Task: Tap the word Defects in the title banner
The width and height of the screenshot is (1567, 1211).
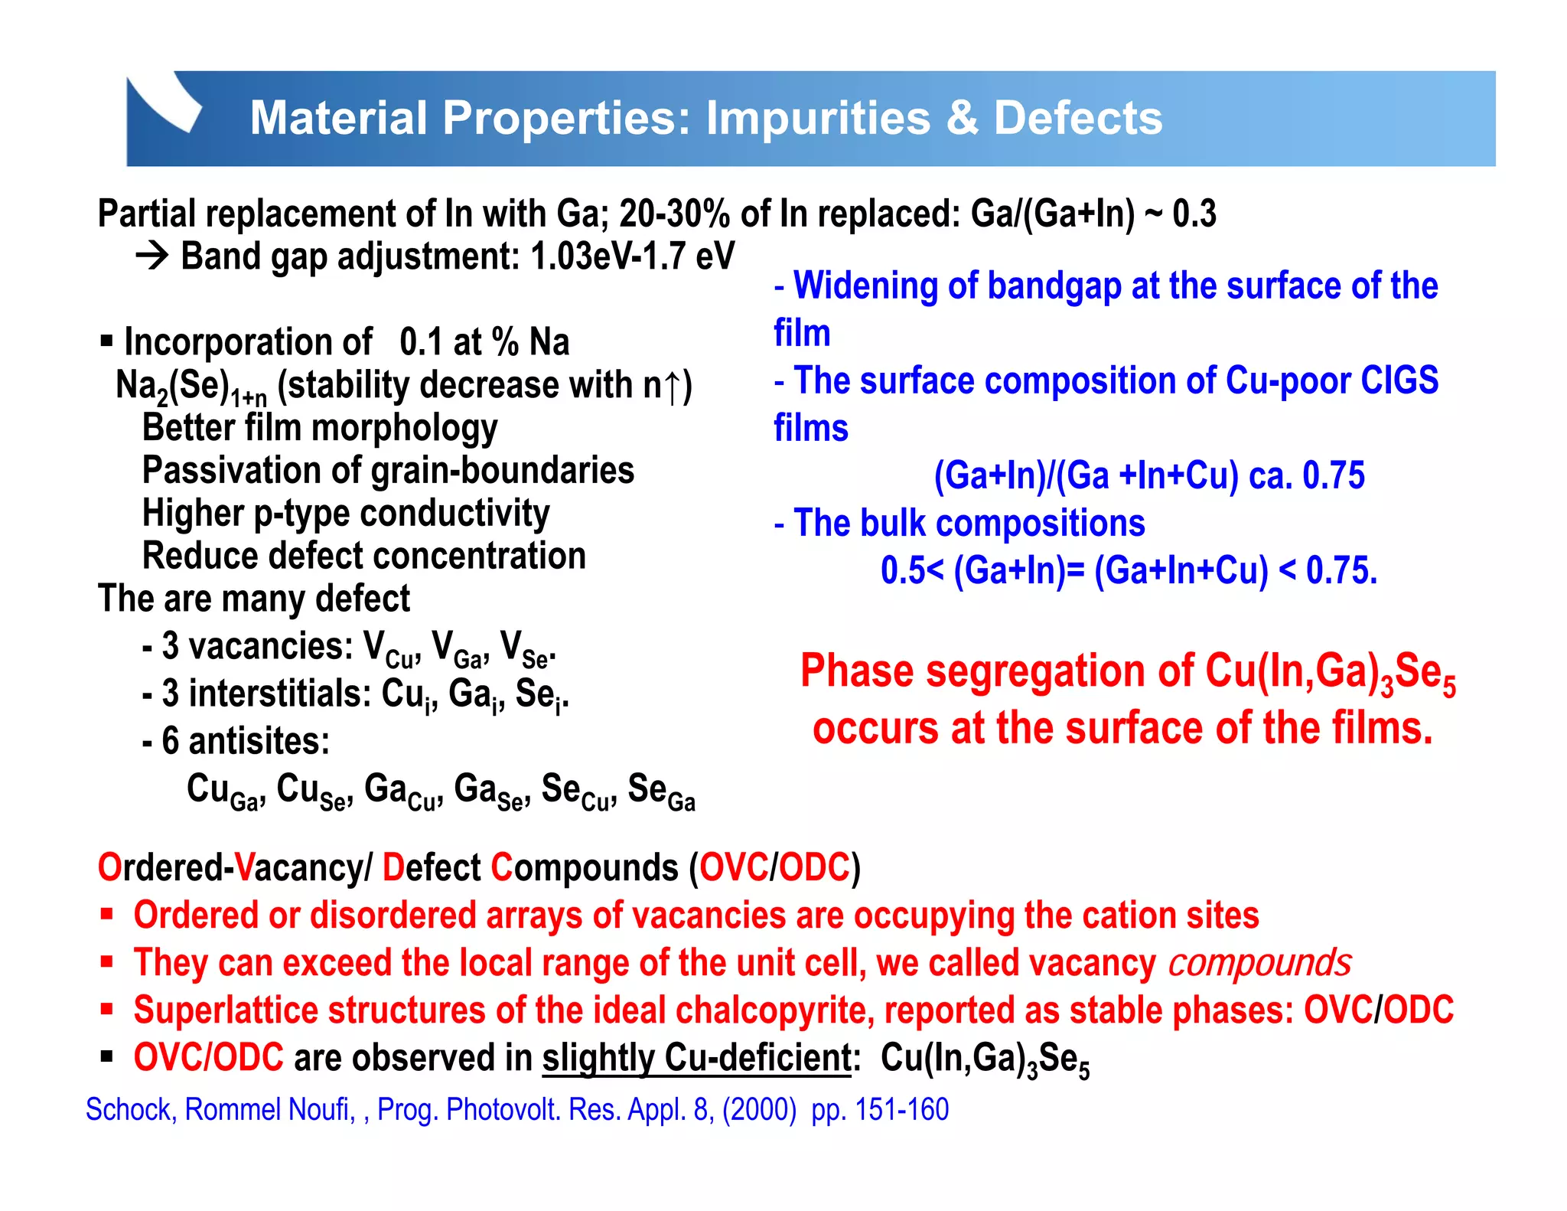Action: pos(1077,119)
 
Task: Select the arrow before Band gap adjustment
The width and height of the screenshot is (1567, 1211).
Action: pos(152,256)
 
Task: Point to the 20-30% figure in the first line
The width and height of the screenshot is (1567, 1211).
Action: pos(674,214)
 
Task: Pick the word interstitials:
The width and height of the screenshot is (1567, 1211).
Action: pos(280,694)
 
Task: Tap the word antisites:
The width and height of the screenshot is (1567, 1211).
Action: pos(259,741)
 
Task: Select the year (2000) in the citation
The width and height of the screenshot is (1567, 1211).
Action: pos(759,1109)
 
